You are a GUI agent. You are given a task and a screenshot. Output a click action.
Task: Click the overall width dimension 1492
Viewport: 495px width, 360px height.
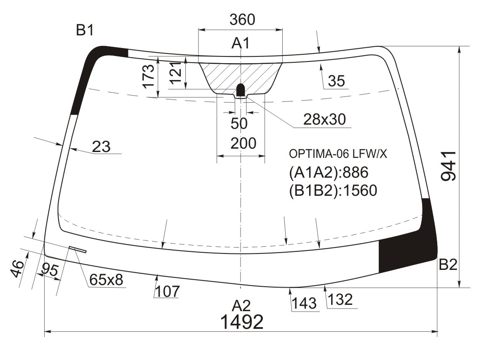pos(242,322)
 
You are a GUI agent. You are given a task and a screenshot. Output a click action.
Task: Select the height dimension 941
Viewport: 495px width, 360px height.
pos(449,166)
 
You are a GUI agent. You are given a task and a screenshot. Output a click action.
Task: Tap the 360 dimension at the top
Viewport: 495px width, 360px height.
pos(242,19)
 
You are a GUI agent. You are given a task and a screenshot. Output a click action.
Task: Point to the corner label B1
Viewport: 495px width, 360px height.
pos(85,31)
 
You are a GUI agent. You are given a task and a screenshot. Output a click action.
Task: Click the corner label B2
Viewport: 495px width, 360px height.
pos(448,264)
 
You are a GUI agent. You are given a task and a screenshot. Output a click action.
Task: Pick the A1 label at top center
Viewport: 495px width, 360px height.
pos(241,43)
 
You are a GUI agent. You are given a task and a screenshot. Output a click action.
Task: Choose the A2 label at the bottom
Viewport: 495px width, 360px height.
pos(241,305)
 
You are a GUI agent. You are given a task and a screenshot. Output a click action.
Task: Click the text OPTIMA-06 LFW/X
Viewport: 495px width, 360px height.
pos(338,154)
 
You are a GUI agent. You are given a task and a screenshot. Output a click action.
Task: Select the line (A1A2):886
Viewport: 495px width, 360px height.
pos(329,173)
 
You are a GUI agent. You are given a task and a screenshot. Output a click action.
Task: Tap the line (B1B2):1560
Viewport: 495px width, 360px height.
pos(333,191)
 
